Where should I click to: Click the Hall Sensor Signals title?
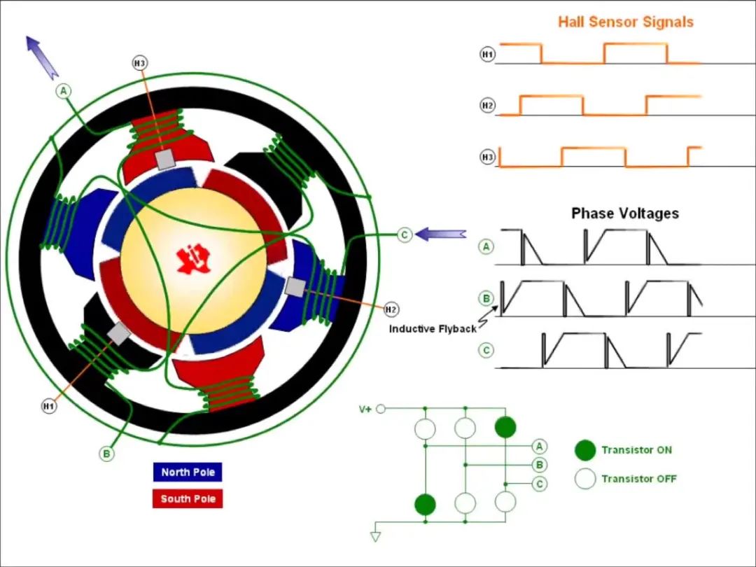pyautogui.click(x=625, y=22)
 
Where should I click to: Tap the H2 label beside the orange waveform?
pyautogui.click(x=487, y=106)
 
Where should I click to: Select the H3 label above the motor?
pyautogui.click(x=140, y=64)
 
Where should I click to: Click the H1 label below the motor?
pyautogui.click(x=48, y=406)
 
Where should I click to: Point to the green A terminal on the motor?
pyautogui.click(x=64, y=91)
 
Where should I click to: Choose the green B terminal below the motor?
pyautogui.click(x=106, y=454)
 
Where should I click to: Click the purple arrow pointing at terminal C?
pyautogui.click(x=441, y=234)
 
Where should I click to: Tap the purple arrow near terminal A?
pyautogui.click(x=42, y=57)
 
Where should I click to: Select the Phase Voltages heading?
pyautogui.click(x=624, y=213)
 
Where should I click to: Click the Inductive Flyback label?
pyautogui.click(x=432, y=329)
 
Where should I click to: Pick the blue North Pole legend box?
pyautogui.click(x=188, y=472)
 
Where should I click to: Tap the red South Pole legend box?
pyautogui.click(x=188, y=498)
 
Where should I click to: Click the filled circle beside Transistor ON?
pyautogui.click(x=585, y=450)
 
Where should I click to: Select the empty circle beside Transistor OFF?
pyautogui.click(x=585, y=479)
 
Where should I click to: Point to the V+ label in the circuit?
pyautogui.click(x=365, y=409)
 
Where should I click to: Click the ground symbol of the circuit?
pyautogui.click(x=376, y=536)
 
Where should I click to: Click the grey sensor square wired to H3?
pyautogui.click(x=164, y=160)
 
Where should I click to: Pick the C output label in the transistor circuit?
pyautogui.click(x=539, y=484)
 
